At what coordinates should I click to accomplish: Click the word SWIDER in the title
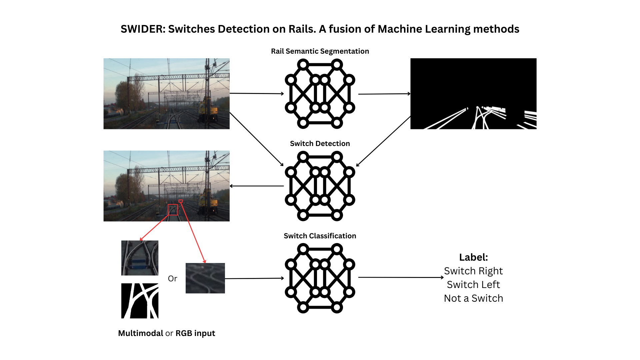pos(142,29)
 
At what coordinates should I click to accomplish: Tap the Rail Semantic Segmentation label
pos(320,51)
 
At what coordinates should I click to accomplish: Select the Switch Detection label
pos(320,144)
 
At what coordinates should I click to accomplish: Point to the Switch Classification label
pos(320,236)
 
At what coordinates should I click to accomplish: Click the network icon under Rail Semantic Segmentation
pos(320,94)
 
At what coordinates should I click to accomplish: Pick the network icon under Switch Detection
pos(320,186)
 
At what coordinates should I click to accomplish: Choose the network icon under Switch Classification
pos(320,278)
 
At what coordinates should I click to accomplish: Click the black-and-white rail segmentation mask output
pos(473,94)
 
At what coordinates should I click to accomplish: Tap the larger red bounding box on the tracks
pos(173,210)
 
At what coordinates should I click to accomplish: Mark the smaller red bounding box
pos(181,201)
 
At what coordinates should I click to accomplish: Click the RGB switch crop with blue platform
pos(140,258)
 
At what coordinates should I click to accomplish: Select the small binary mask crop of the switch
pos(140,301)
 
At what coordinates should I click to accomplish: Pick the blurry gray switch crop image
pos(205,278)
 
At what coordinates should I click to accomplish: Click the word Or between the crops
pos(172,279)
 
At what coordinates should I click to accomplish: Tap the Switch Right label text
pos(473,271)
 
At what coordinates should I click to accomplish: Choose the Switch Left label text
pos(473,285)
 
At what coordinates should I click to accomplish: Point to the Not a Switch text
pos(473,298)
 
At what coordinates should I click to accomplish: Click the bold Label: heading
pos(473,257)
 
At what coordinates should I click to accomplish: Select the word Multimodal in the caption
pos(140,333)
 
